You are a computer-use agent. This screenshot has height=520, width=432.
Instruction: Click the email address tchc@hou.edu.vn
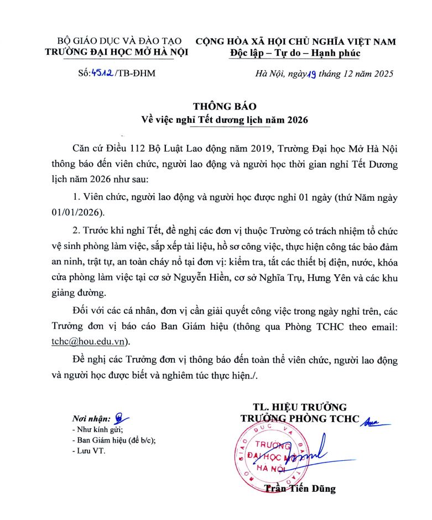click(96, 341)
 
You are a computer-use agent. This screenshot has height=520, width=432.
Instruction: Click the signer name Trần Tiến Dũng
click(300, 488)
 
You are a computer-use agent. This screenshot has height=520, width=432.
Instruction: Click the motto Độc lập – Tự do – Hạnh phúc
click(295, 53)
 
